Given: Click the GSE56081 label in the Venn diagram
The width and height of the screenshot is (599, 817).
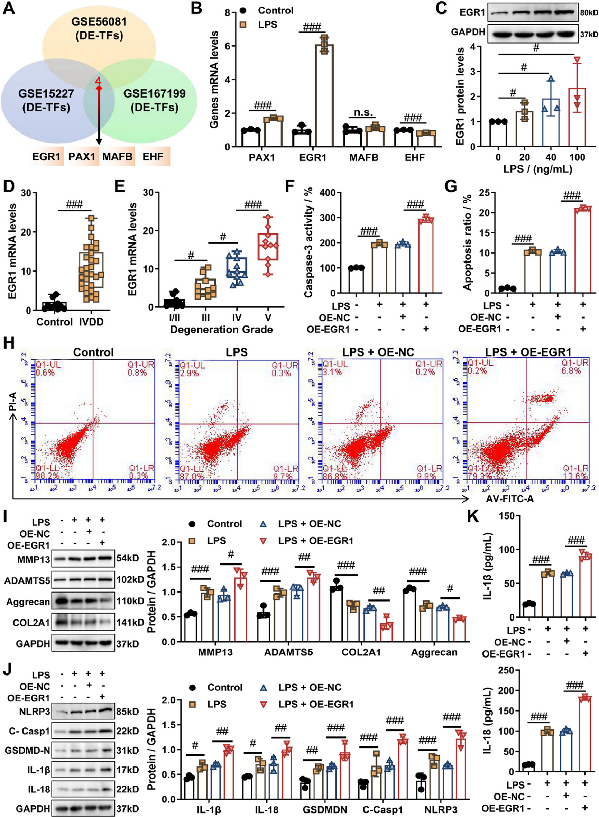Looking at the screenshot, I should (x=99, y=22).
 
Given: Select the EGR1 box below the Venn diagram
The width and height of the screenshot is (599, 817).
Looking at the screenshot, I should (x=46, y=157).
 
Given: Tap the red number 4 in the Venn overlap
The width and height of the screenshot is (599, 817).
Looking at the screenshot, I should (x=98, y=81).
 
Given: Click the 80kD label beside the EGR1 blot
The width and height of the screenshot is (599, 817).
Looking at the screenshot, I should (x=589, y=13).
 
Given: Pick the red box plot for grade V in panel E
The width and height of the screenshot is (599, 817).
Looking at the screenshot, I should (x=268, y=247).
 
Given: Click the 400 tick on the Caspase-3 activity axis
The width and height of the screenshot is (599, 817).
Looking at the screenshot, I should (x=328, y=193).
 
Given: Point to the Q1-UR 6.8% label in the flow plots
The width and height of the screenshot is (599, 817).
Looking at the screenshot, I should (x=575, y=367).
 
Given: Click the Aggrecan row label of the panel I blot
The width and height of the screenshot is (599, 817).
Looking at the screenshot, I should (x=28, y=602).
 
